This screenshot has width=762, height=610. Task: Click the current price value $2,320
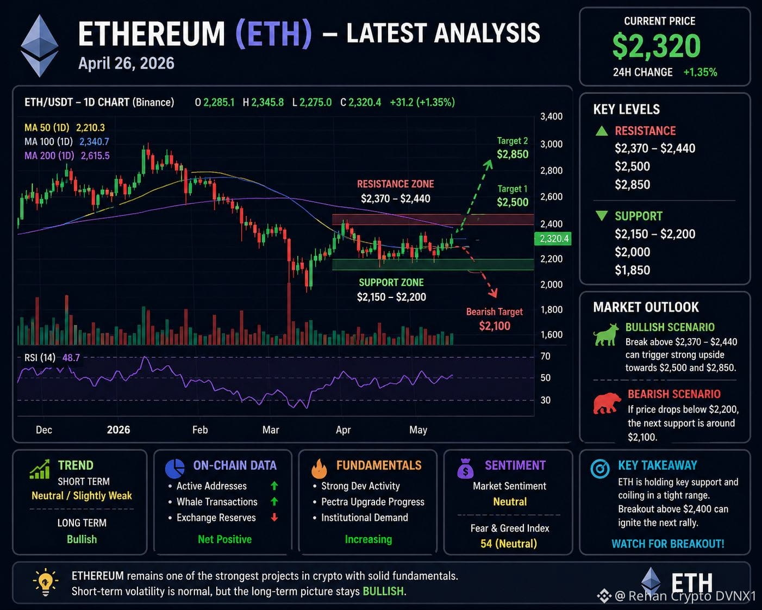click(x=656, y=46)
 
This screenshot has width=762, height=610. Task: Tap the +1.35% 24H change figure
click(x=700, y=72)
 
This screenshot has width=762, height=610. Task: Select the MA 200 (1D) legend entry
click(x=49, y=155)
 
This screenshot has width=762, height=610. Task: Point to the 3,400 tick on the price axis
click(x=551, y=116)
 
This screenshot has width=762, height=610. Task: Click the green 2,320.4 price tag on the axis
click(x=552, y=239)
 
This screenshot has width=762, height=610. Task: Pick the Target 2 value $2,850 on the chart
click(x=513, y=154)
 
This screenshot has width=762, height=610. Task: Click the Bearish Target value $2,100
click(x=495, y=326)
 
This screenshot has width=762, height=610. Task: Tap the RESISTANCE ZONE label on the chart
click(x=395, y=184)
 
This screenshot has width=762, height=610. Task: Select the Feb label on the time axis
click(x=199, y=430)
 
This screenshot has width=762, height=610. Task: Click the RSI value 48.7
click(x=71, y=358)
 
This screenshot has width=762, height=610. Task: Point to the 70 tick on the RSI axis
click(x=545, y=356)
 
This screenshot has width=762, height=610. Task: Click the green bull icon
click(x=606, y=334)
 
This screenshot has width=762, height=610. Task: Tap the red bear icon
click(x=607, y=403)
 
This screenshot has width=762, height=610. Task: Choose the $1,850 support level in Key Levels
click(x=633, y=270)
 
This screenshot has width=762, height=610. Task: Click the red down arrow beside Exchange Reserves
click(x=274, y=518)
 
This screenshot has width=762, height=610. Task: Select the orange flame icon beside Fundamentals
click(x=318, y=468)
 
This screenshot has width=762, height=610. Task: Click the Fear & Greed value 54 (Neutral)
click(x=509, y=544)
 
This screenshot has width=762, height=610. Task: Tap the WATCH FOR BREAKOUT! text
click(x=668, y=544)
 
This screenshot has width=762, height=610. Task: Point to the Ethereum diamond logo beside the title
click(x=39, y=46)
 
